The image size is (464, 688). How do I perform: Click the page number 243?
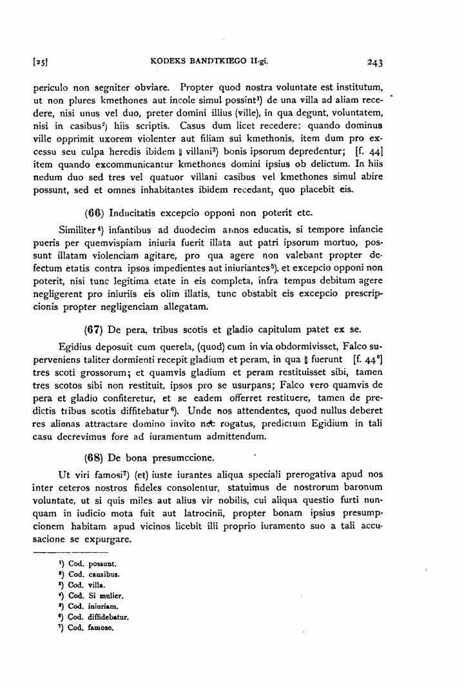374,62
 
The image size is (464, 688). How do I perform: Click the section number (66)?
95,213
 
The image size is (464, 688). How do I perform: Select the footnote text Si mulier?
106,596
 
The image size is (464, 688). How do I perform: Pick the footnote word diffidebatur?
109,617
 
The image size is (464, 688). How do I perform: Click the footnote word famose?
101,628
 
